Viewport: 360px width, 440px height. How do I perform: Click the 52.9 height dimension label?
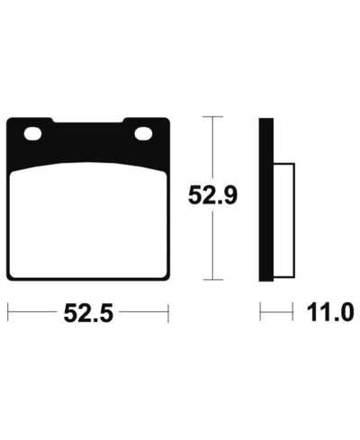[212, 195]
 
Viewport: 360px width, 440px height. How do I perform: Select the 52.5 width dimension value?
[88, 313]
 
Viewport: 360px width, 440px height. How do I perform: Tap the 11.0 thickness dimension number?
[329, 312]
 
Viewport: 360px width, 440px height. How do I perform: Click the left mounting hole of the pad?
[32, 134]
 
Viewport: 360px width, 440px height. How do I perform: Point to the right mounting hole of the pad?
[143, 134]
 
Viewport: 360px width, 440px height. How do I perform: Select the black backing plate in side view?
[266, 200]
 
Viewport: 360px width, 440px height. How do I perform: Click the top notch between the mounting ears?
[89, 121]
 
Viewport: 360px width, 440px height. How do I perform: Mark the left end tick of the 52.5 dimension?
[8, 313]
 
